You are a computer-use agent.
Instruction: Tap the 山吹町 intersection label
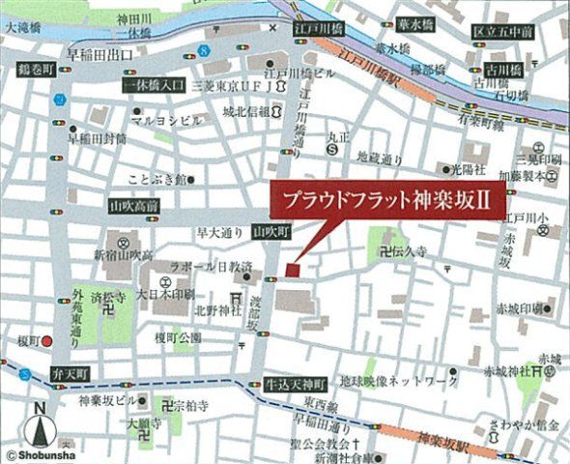click(271, 232)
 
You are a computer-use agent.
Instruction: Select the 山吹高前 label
click(134, 206)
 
